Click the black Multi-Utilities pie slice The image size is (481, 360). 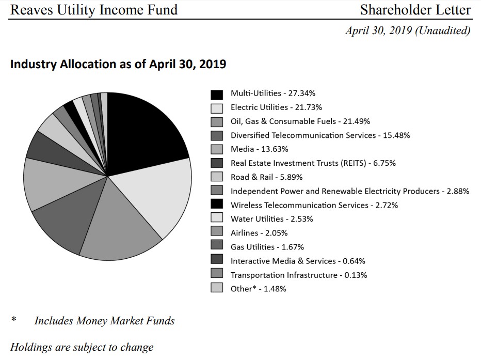(145, 129)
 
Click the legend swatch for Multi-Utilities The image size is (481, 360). (217, 95)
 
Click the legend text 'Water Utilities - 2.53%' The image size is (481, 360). (271, 219)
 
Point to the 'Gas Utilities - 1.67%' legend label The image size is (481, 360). (267, 247)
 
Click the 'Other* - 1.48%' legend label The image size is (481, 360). (258, 289)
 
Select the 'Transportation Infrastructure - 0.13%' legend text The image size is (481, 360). (299, 275)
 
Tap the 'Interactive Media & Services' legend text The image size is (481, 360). (283, 261)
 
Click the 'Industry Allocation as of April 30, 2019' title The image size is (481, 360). (118, 65)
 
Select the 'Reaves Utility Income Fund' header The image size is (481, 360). (93, 10)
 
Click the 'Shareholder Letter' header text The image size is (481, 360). (415, 10)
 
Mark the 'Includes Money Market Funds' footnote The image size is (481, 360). (104, 321)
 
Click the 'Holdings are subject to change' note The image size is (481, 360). (82, 347)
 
